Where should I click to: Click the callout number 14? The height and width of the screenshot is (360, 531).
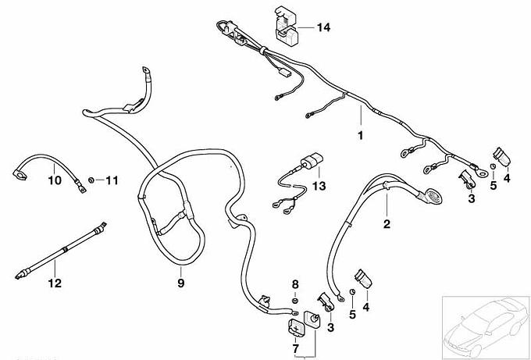323,27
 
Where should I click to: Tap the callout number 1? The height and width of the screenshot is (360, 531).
360,135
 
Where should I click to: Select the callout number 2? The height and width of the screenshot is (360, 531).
387,224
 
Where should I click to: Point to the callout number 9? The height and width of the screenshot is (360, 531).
181,283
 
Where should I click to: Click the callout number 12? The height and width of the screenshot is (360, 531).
55,283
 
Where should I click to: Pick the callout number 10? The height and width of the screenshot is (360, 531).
55,180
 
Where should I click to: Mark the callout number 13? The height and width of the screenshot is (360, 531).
319,186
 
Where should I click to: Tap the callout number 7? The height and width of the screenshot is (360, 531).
295,348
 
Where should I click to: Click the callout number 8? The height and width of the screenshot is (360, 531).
295,284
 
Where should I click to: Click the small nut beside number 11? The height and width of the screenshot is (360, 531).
91,180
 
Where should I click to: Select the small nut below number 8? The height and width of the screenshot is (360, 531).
295,301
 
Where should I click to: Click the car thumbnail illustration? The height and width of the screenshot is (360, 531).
486,326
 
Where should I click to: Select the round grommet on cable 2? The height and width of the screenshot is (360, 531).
431,196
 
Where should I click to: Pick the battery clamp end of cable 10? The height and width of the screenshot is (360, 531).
20,175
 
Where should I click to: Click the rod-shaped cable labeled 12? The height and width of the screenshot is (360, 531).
61,251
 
